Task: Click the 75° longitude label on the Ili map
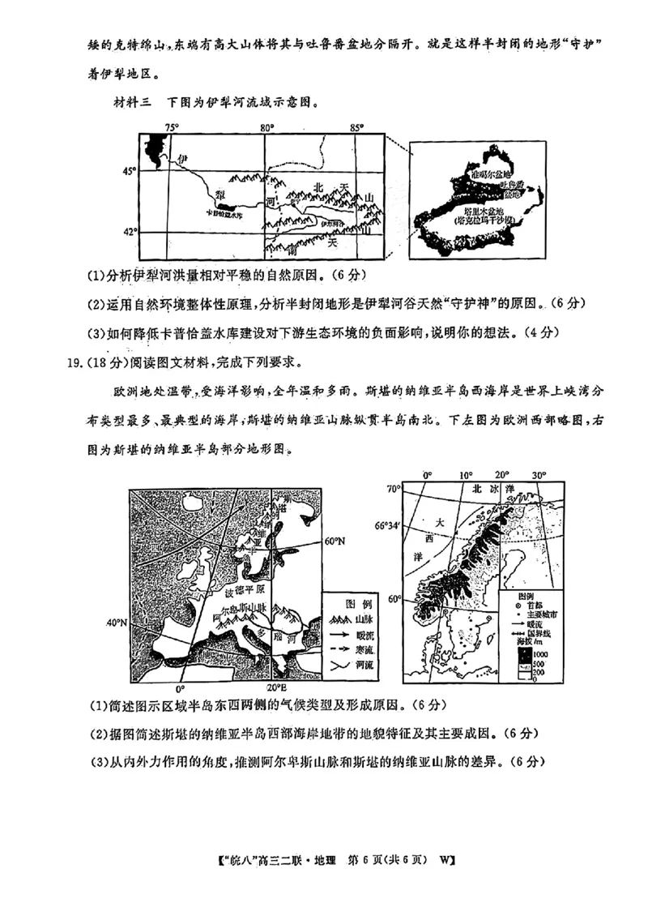[x=171, y=127]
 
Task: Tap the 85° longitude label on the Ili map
[x=355, y=127]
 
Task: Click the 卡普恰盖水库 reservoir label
[x=224, y=216]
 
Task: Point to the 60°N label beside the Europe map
[x=335, y=541]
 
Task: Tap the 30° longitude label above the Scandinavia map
[x=540, y=475]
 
